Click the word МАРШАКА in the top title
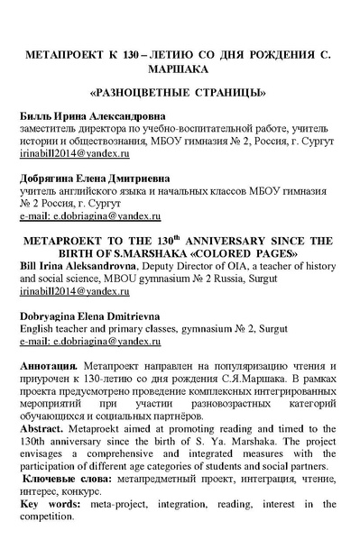click(180, 67)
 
